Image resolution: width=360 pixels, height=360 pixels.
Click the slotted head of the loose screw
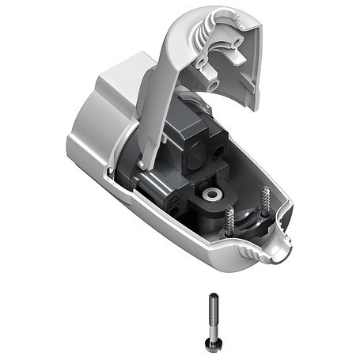[214, 342]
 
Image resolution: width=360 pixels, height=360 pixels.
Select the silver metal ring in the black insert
[212, 193]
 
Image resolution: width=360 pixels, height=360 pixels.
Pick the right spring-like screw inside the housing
[263, 203]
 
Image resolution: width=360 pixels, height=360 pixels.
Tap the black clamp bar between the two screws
[248, 217]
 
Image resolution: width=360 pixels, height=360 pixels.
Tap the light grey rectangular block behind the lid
[127, 75]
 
